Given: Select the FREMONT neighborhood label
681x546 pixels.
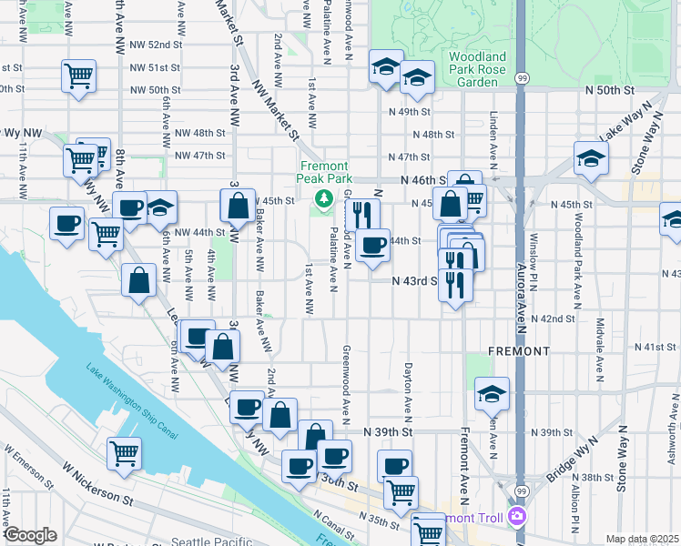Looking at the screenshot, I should pos(519,350).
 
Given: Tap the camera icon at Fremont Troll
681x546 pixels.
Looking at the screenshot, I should pos(519,516).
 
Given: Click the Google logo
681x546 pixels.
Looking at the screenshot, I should pos(30,535).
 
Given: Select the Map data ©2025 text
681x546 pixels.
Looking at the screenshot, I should pos(642,539).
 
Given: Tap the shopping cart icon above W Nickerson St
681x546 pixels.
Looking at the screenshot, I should pos(124,452).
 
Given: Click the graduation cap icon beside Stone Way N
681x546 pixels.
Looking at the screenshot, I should pos(591,157).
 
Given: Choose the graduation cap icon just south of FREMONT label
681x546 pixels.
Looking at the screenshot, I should pos(492,393).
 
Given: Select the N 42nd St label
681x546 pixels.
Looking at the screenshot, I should pos(558,319).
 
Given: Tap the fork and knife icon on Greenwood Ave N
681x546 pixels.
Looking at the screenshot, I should pos(362,215).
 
